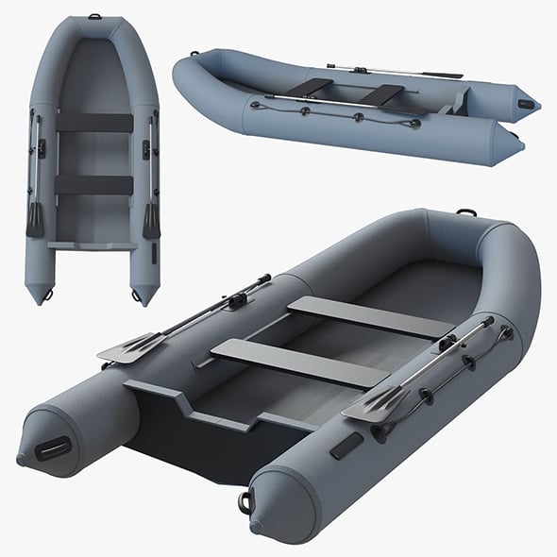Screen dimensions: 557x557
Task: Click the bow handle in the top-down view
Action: pos(95,16)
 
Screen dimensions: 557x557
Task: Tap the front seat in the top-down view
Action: pos(94,123)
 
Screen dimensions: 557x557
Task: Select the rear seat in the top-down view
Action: pos(93,184)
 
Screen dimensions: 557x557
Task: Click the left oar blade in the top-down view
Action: pos(35,219)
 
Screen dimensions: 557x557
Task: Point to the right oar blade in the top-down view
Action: pos(151,220)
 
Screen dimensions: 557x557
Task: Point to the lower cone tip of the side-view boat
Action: pos(517,146)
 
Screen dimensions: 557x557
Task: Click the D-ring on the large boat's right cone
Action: pos(246,501)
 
